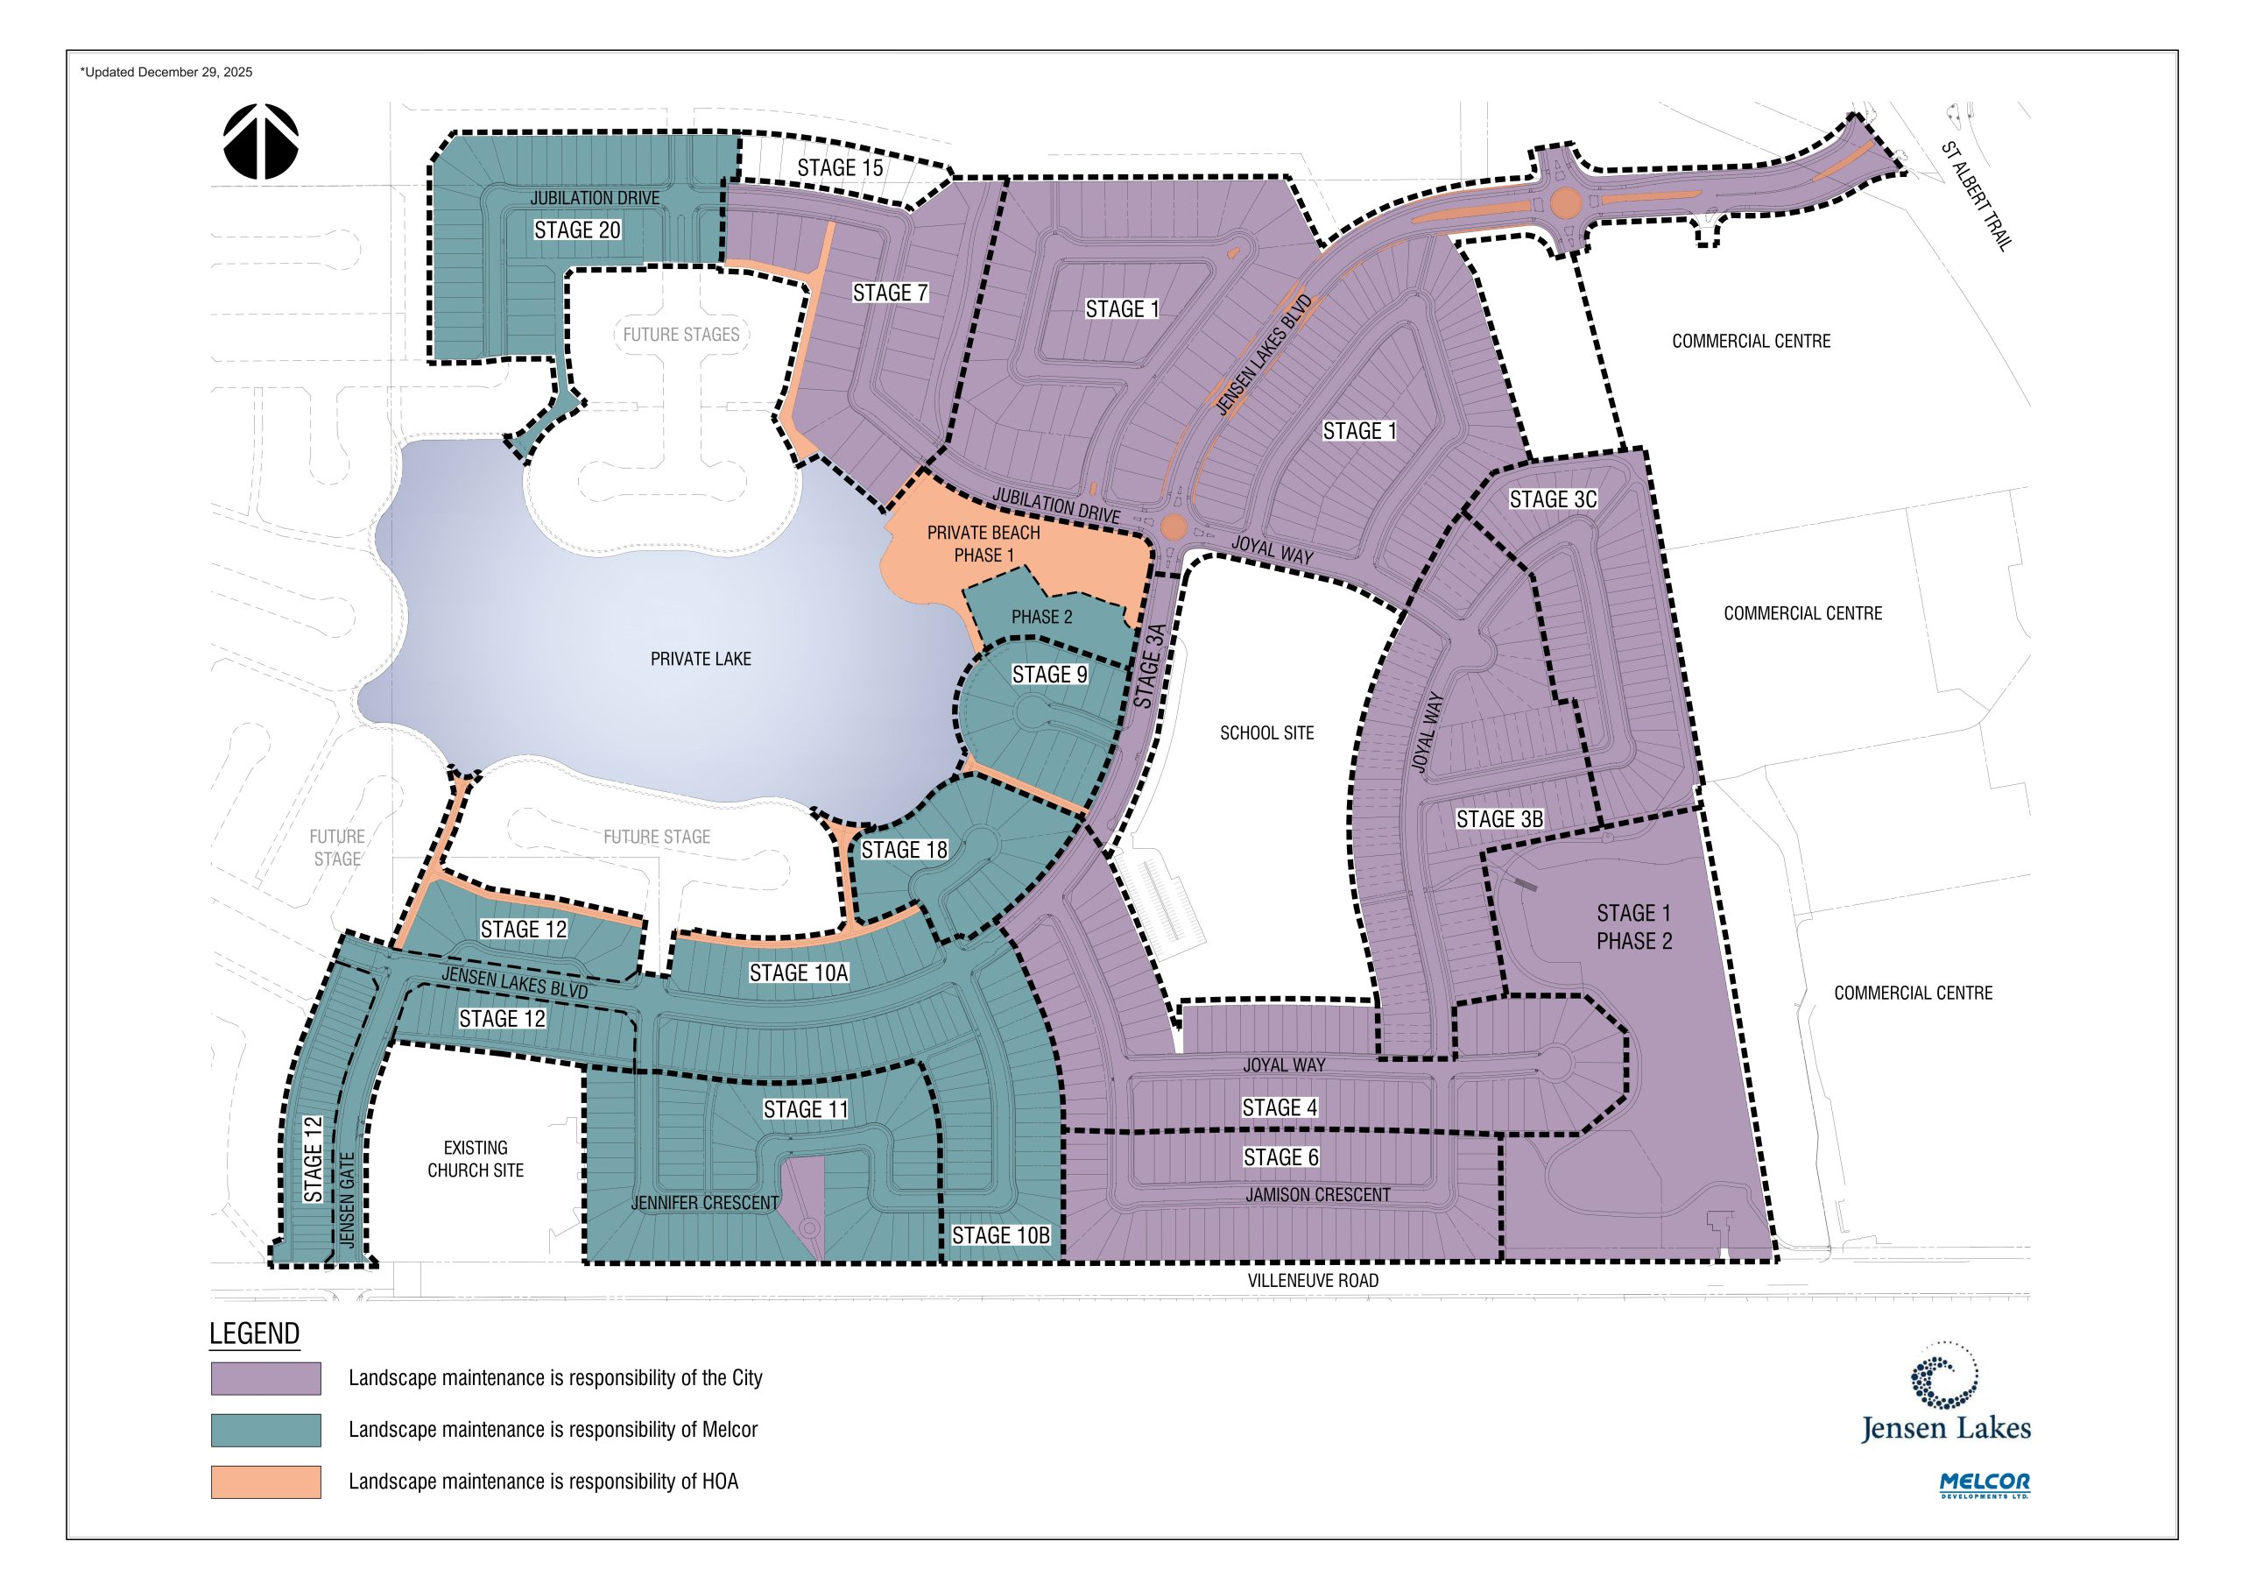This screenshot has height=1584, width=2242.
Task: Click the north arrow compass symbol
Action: (261, 142)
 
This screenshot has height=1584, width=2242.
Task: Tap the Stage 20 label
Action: (577, 230)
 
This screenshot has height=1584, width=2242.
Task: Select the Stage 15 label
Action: (840, 168)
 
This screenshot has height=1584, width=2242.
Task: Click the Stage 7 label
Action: (890, 293)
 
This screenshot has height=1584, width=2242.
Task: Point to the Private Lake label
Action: (702, 659)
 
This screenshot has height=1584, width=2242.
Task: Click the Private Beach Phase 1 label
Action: (984, 544)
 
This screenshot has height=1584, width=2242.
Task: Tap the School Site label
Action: (1266, 732)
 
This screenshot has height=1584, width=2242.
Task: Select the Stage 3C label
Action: (1553, 499)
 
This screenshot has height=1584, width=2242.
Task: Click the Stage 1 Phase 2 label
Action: (1633, 927)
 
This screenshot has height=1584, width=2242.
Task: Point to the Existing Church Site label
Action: (476, 1159)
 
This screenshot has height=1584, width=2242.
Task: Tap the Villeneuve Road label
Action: (1313, 1280)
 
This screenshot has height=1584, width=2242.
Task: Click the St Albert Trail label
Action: (1976, 196)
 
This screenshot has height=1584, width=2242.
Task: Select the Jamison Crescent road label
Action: (1317, 1195)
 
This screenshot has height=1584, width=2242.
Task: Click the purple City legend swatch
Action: (265, 1378)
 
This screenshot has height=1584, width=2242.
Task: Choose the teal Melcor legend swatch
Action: (265, 1430)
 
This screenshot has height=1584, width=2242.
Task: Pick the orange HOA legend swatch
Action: (265, 1481)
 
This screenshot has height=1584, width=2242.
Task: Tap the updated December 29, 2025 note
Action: (166, 72)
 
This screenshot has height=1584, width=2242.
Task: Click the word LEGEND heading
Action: (254, 1333)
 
